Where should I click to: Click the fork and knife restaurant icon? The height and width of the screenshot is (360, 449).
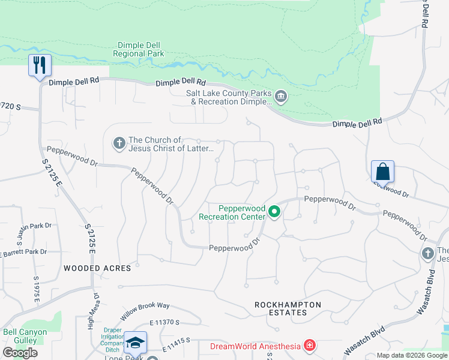coord(40,65)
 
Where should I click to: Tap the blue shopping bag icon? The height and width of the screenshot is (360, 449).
coord(382,172)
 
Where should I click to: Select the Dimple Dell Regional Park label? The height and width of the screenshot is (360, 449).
coord(138,49)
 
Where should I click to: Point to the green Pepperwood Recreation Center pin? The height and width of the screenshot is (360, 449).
coord(275,211)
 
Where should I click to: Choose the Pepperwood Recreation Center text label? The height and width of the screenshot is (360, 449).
coord(234,212)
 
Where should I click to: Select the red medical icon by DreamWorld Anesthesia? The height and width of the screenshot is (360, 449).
coord(309,346)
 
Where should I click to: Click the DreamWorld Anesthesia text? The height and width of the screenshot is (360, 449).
coord(256,346)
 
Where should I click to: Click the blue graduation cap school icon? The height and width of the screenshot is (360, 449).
coord(136,343)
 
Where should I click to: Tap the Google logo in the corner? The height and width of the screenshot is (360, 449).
coord(20,353)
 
